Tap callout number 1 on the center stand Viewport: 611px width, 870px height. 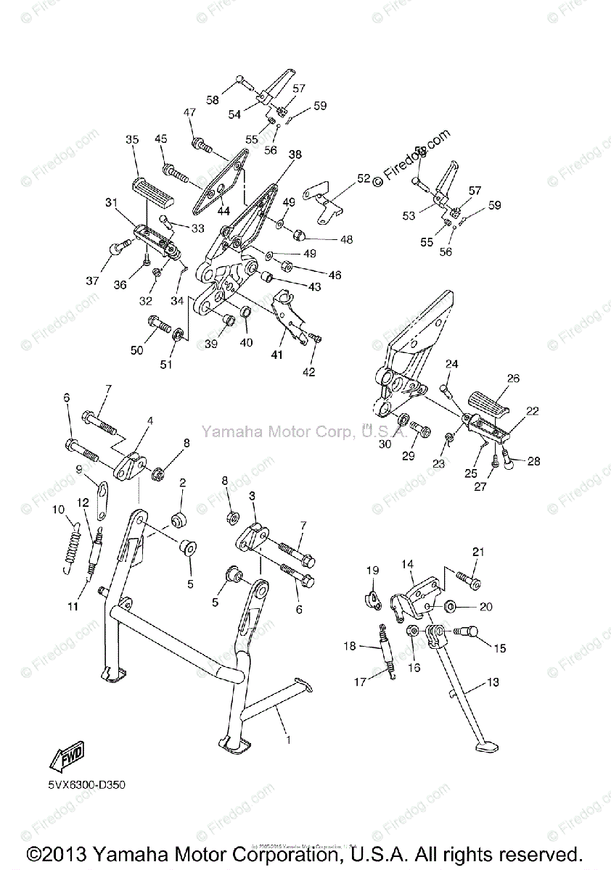coord(288,739)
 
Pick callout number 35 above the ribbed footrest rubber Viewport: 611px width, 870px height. coord(131,139)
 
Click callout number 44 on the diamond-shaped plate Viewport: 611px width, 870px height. coord(224,210)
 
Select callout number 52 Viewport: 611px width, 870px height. coord(363,178)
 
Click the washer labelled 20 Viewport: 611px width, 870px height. coord(449,605)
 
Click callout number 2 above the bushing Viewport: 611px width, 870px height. coord(182,481)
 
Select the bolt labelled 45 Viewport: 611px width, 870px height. coord(176,174)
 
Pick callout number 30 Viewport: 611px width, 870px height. coord(385,444)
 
